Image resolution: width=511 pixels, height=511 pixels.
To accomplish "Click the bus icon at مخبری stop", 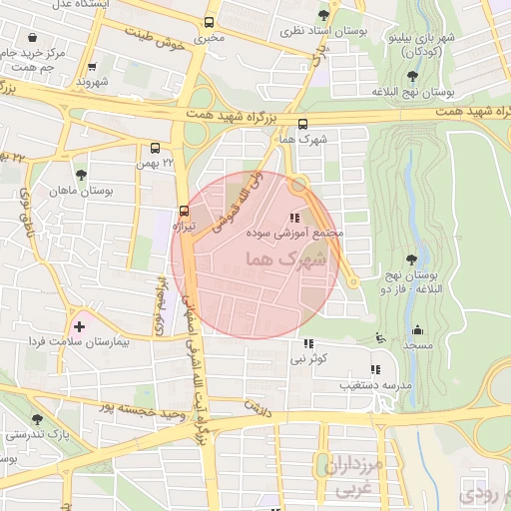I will (210, 23).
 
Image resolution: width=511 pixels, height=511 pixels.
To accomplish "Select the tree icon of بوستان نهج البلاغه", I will (412, 76).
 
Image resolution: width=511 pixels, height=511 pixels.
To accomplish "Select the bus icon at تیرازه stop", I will (183, 211).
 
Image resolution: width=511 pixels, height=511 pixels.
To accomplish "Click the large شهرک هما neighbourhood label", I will (297, 257).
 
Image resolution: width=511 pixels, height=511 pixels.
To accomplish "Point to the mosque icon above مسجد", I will (416, 330).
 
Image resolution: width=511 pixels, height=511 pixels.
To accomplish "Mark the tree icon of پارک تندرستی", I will (38, 419).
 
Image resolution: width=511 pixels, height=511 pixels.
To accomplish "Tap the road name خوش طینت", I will (158, 39).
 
